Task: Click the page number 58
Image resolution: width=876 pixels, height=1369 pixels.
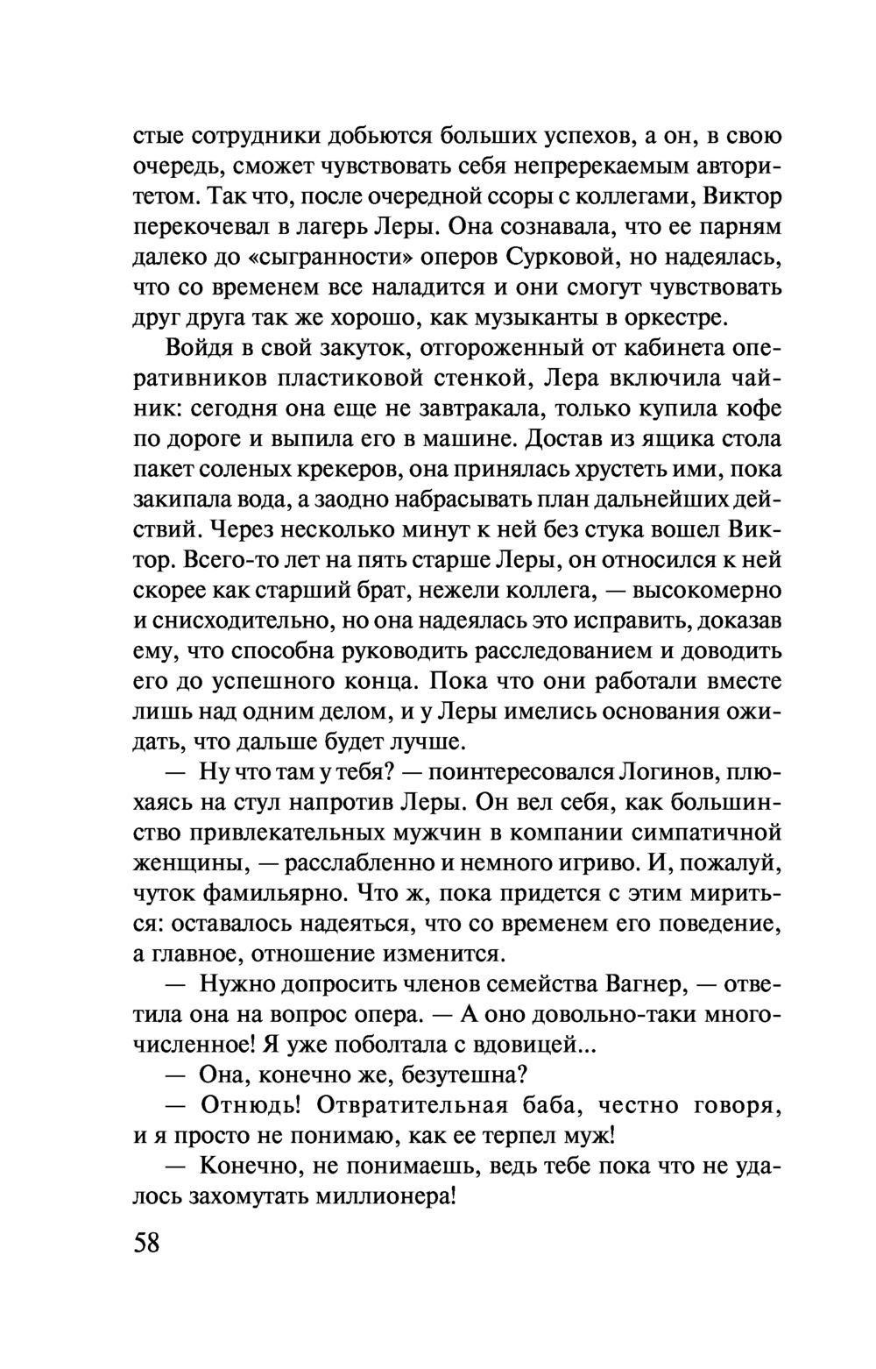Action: click(147, 1242)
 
